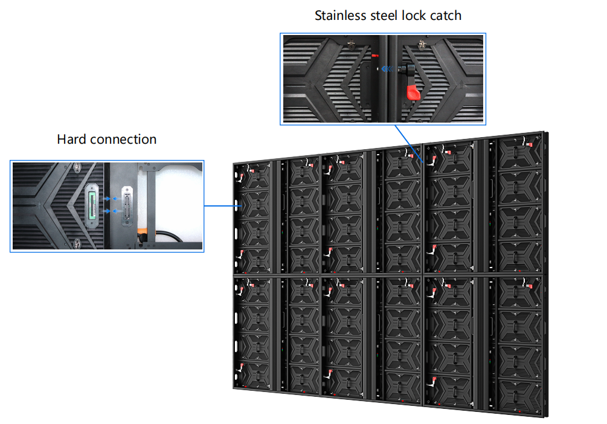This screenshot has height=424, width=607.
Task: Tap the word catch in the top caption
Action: [x=444, y=16]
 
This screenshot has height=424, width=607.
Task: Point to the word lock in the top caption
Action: [x=414, y=16]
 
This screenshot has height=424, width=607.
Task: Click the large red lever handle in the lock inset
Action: [x=413, y=92]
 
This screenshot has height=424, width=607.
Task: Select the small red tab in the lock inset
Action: [x=375, y=55]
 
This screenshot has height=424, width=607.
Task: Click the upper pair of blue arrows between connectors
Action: [x=109, y=198]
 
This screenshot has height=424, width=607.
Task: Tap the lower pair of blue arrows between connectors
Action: [x=109, y=211]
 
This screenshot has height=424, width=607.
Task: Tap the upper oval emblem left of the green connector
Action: [x=77, y=167]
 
